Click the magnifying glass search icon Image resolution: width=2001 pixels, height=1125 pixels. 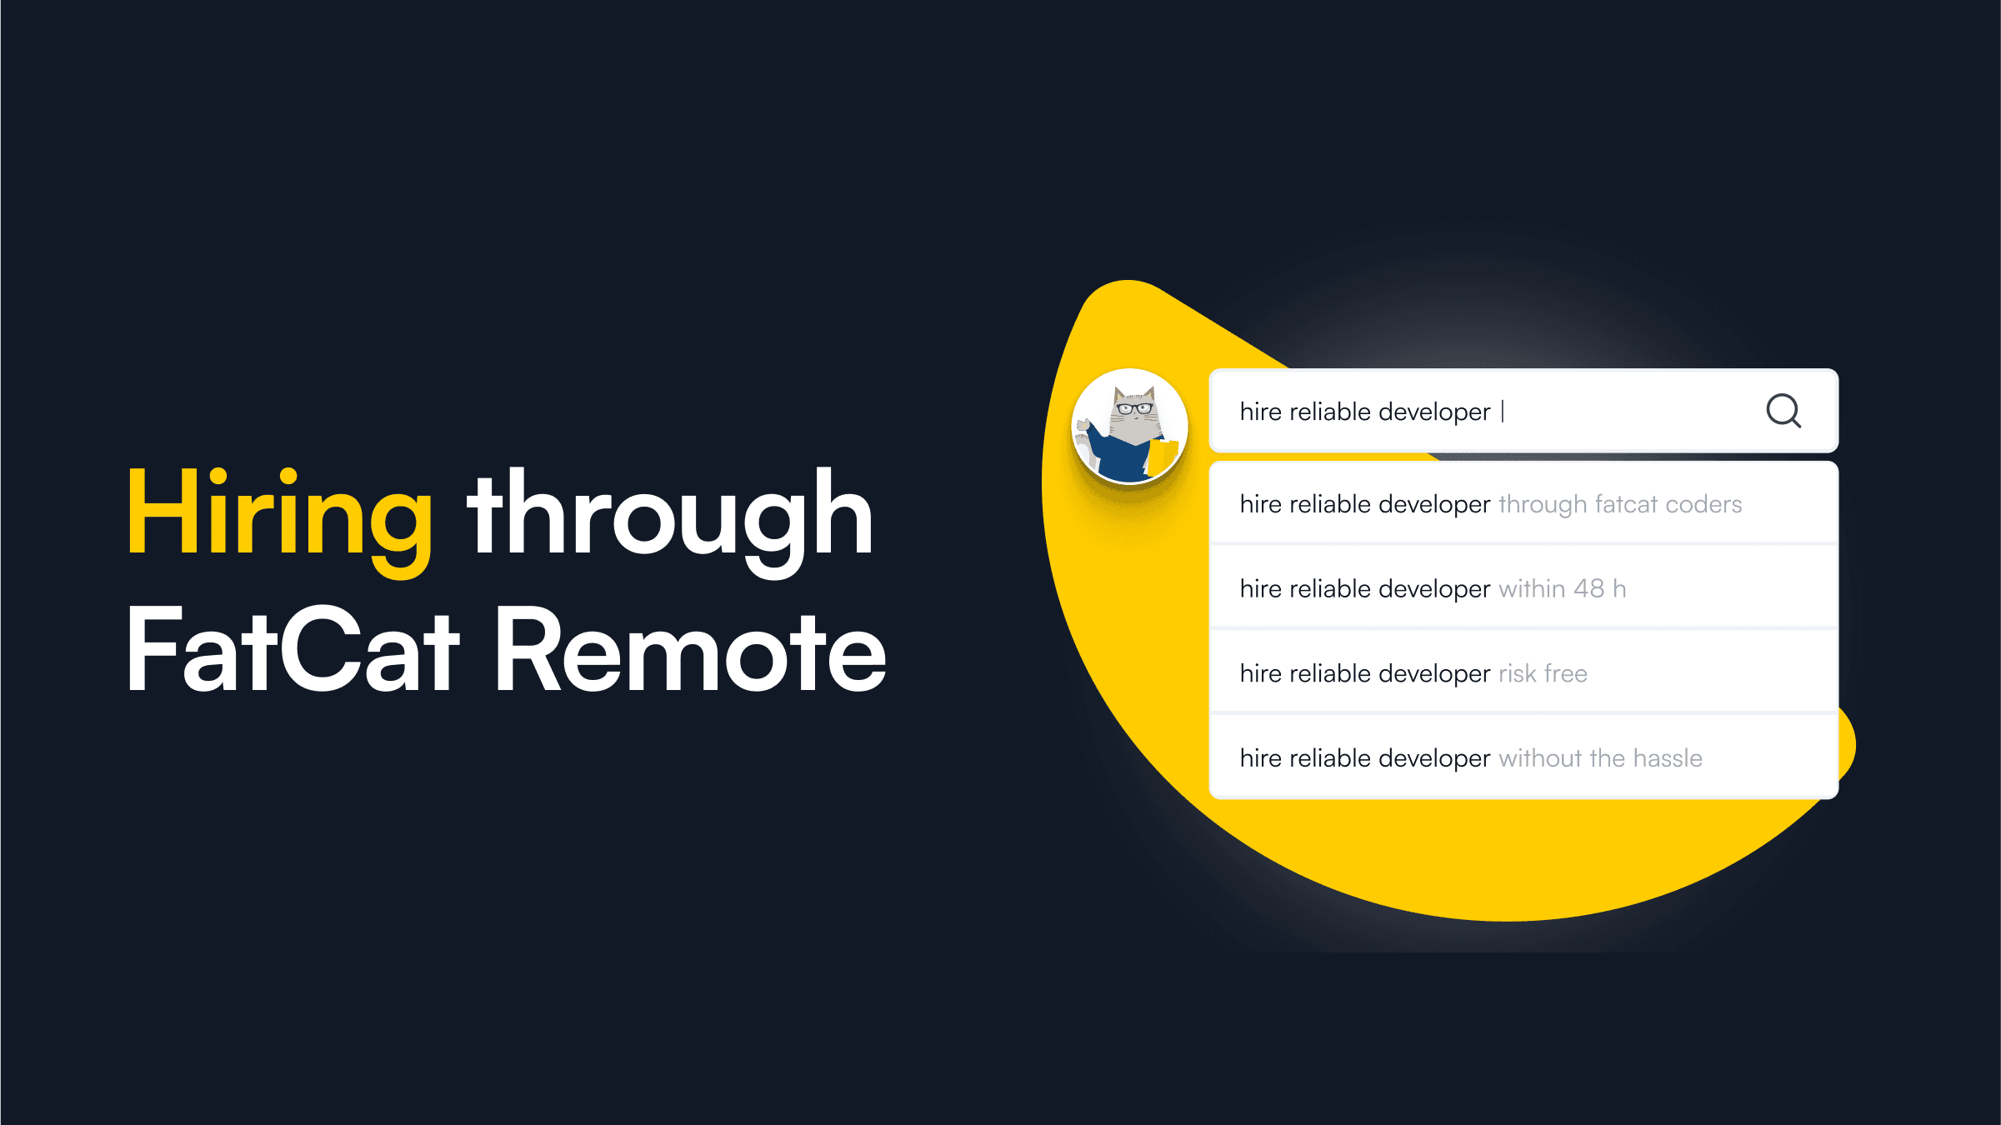click(x=1783, y=411)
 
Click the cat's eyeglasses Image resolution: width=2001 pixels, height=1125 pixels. click(x=1134, y=408)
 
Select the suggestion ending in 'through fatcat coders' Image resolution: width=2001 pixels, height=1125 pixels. click(x=1490, y=504)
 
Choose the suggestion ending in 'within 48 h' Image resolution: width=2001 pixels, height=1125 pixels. click(x=1433, y=589)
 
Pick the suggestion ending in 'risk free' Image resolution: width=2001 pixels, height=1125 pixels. click(x=1413, y=673)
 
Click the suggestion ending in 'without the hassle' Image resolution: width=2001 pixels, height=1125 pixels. click(x=1471, y=758)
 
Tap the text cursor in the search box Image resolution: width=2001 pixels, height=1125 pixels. click(x=1503, y=412)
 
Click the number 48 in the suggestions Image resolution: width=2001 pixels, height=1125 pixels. click(x=1588, y=589)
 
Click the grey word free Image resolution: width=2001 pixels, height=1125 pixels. click(x=1565, y=673)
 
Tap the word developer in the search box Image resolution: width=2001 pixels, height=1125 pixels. click(x=1434, y=412)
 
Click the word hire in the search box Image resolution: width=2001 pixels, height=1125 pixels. click(x=1260, y=412)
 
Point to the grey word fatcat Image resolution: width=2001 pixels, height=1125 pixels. click(x=1625, y=505)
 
